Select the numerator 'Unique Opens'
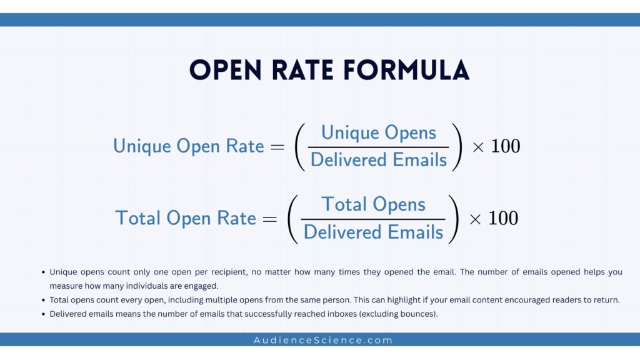point(379,132)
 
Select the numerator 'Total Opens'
point(373,204)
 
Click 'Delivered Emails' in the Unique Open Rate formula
point(379,160)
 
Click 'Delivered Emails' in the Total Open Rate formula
point(373,232)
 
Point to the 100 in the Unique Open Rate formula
point(506,146)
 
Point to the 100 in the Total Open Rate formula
point(503,218)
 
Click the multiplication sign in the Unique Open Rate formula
point(478,147)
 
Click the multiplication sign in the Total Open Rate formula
point(476,219)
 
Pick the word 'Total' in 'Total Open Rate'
point(137,218)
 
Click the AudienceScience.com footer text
point(323,341)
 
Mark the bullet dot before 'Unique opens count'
point(43,272)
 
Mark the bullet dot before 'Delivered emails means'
point(43,314)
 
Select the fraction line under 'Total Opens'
point(373,219)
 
